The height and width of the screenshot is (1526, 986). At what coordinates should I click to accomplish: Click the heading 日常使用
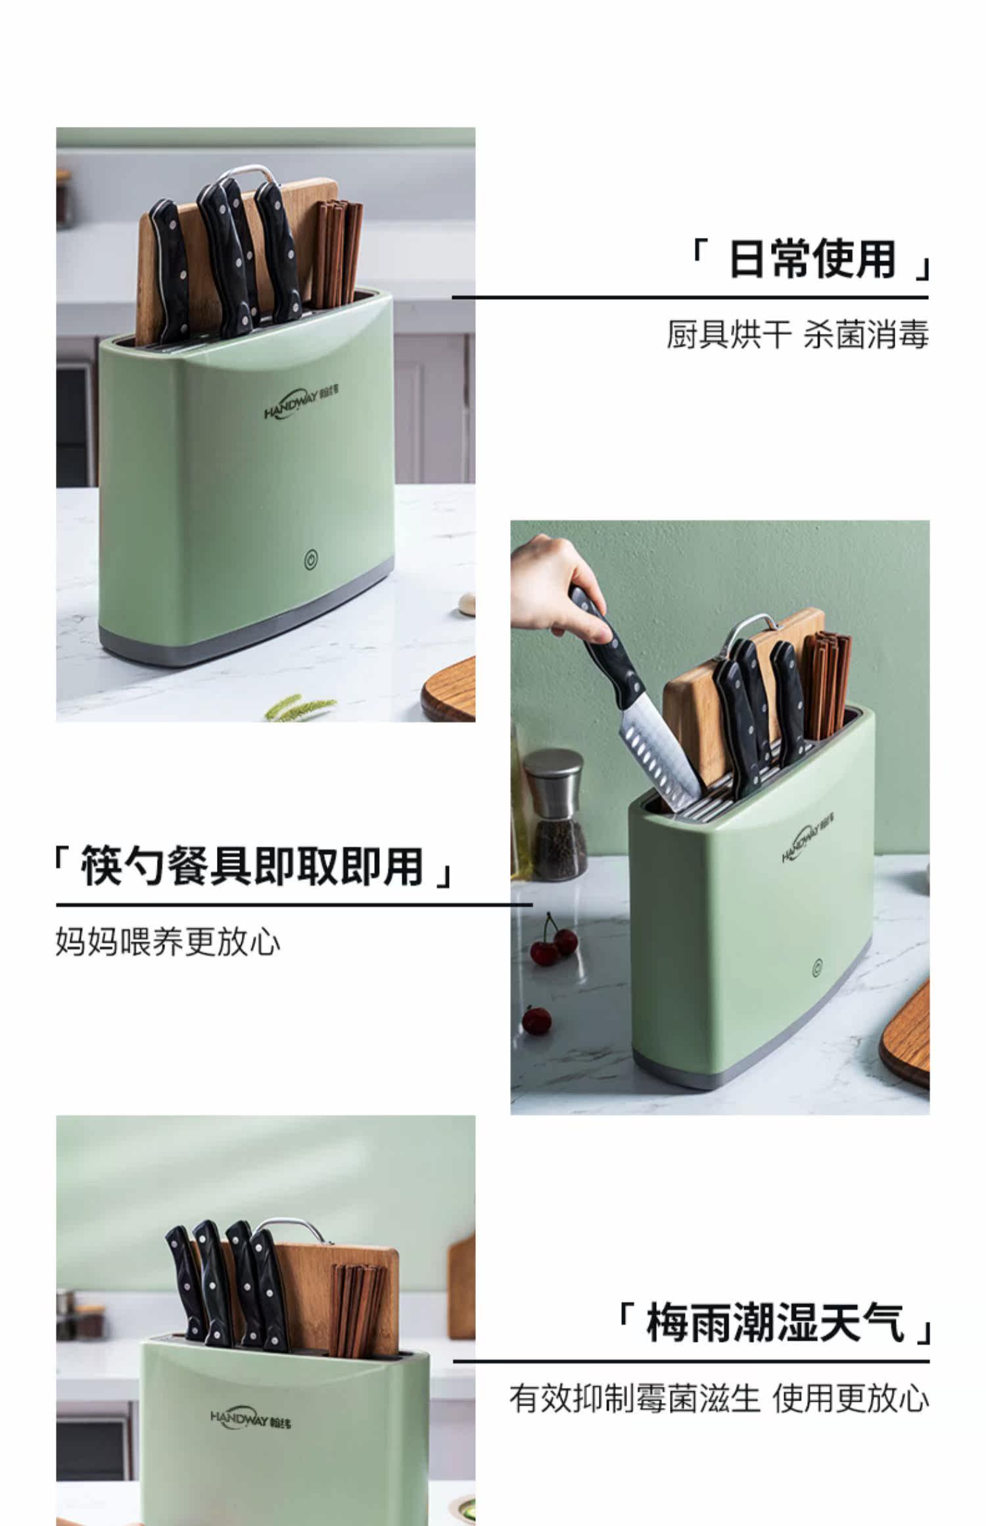click(812, 260)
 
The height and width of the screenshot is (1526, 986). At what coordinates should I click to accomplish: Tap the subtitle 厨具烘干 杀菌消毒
click(798, 335)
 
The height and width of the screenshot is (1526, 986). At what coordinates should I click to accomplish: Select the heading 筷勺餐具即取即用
click(252, 866)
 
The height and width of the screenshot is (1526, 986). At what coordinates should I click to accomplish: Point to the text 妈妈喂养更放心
click(168, 942)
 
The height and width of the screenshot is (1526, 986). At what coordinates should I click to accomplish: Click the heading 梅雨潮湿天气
click(775, 1322)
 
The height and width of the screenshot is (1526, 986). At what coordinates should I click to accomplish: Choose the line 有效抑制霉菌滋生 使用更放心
click(719, 1398)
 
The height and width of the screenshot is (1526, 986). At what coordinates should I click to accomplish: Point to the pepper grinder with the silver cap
click(555, 814)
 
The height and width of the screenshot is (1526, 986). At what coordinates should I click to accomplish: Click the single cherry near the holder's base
click(537, 1021)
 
